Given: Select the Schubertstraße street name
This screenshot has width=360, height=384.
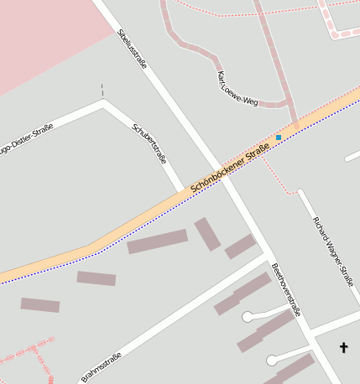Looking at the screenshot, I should (x=150, y=143).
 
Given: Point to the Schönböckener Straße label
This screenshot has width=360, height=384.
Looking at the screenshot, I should (x=230, y=168).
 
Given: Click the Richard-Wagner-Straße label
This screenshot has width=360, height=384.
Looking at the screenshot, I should (x=333, y=251).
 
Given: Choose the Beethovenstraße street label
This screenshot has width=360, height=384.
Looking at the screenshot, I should (x=286, y=288).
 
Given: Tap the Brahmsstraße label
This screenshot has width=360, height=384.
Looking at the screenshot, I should (x=102, y=367).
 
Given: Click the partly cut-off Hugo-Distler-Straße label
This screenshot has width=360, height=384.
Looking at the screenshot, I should (x=25, y=139).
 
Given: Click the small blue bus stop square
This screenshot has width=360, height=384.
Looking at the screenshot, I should (x=279, y=137).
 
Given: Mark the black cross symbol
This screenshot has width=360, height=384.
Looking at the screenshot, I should (x=343, y=346).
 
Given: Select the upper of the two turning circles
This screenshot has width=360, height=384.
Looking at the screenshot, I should (x=248, y=317).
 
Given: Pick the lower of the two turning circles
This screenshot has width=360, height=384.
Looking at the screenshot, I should (x=271, y=361).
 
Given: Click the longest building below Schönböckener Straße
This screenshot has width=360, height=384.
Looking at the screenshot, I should (x=157, y=241).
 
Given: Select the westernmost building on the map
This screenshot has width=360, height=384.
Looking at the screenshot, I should (x=40, y=305).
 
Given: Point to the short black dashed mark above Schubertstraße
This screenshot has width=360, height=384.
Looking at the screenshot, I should (x=102, y=90).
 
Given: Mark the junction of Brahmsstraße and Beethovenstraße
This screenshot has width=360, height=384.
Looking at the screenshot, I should (x=268, y=255).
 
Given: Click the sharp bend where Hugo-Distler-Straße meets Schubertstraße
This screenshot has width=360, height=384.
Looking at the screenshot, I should (x=104, y=105).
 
